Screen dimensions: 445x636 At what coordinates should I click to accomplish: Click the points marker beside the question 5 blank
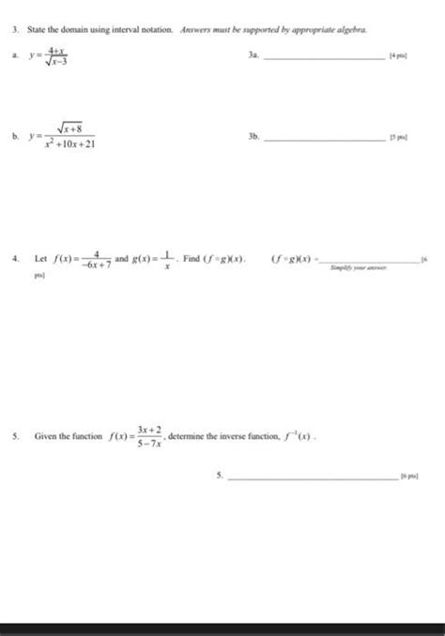[409, 477]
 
